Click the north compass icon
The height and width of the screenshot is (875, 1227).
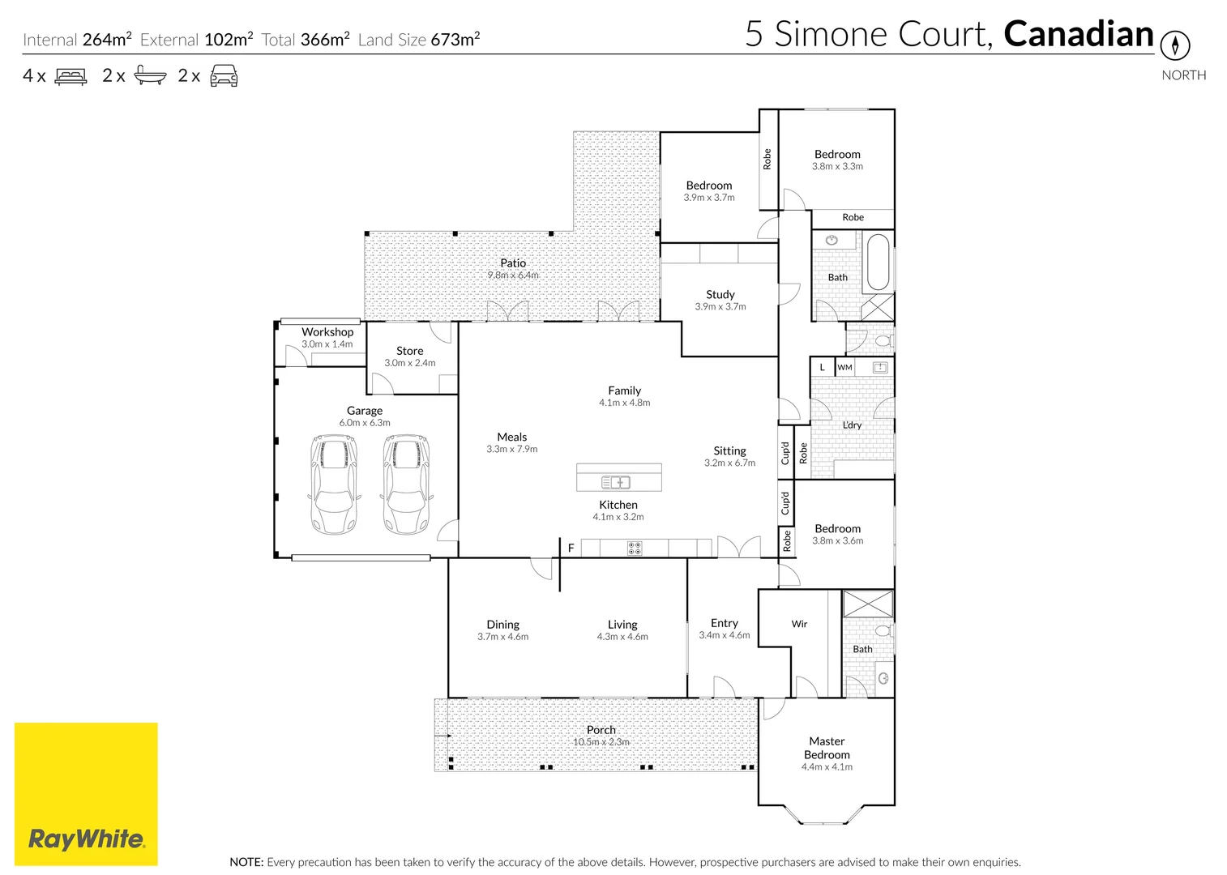[x=1175, y=45]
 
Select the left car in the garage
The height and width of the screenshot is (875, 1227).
[x=333, y=484]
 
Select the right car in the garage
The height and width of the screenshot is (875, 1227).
[x=406, y=484]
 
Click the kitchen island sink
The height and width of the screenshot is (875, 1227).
[x=616, y=482]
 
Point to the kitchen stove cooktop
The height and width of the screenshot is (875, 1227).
[x=635, y=548]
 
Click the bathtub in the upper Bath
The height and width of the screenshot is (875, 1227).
[x=878, y=262]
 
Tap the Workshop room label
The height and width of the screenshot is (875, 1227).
[x=327, y=332]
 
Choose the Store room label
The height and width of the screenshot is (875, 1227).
[x=409, y=351]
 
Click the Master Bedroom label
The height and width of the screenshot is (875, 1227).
[x=827, y=748]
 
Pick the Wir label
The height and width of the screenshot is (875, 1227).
[x=799, y=624]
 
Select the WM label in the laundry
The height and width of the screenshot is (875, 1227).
[x=844, y=368]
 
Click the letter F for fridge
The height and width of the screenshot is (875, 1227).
[x=571, y=548]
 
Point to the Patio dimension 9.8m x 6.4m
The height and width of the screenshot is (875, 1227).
[x=512, y=275]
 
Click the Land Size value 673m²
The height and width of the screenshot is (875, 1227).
[x=455, y=40]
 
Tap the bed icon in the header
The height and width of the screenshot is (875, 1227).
[x=71, y=76]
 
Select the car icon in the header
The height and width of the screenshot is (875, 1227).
[x=224, y=76]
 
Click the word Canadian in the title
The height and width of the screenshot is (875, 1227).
[x=1078, y=34]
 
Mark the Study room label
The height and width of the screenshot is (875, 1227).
[x=720, y=295]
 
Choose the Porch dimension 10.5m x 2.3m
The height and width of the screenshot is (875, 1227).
[x=601, y=742]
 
